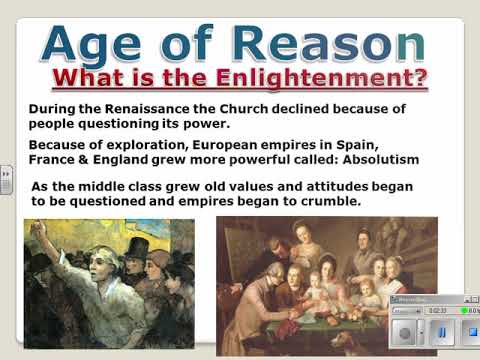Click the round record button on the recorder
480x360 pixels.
pos(404,331)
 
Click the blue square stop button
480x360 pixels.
pos(470,331)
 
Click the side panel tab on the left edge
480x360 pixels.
pos(5,181)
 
